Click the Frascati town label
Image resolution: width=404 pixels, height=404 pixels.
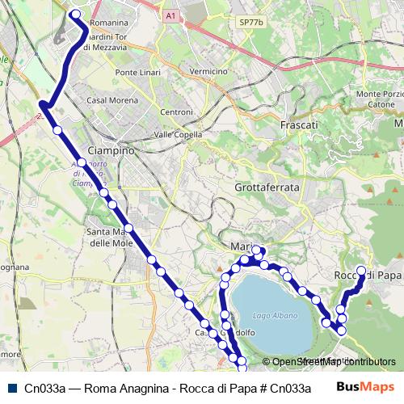(x=298, y=126)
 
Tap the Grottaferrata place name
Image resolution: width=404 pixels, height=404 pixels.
(x=267, y=187)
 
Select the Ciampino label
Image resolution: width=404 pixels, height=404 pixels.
(x=110, y=151)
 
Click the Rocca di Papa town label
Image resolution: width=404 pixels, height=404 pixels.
(x=368, y=276)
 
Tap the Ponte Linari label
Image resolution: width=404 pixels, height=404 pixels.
(x=139, y=73)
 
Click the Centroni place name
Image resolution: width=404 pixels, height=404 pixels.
(x=177, y=112)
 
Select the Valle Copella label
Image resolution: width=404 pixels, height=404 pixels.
(x=176, y=134)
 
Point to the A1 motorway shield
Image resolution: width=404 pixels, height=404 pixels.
(x=170, y=15)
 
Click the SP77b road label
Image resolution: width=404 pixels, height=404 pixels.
(x=251, y=23)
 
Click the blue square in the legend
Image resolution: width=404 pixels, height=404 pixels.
(x=11, y=388)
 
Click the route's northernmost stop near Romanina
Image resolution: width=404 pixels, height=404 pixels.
(x=76, y=13)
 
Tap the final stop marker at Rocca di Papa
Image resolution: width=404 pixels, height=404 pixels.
(x=361, y=271)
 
